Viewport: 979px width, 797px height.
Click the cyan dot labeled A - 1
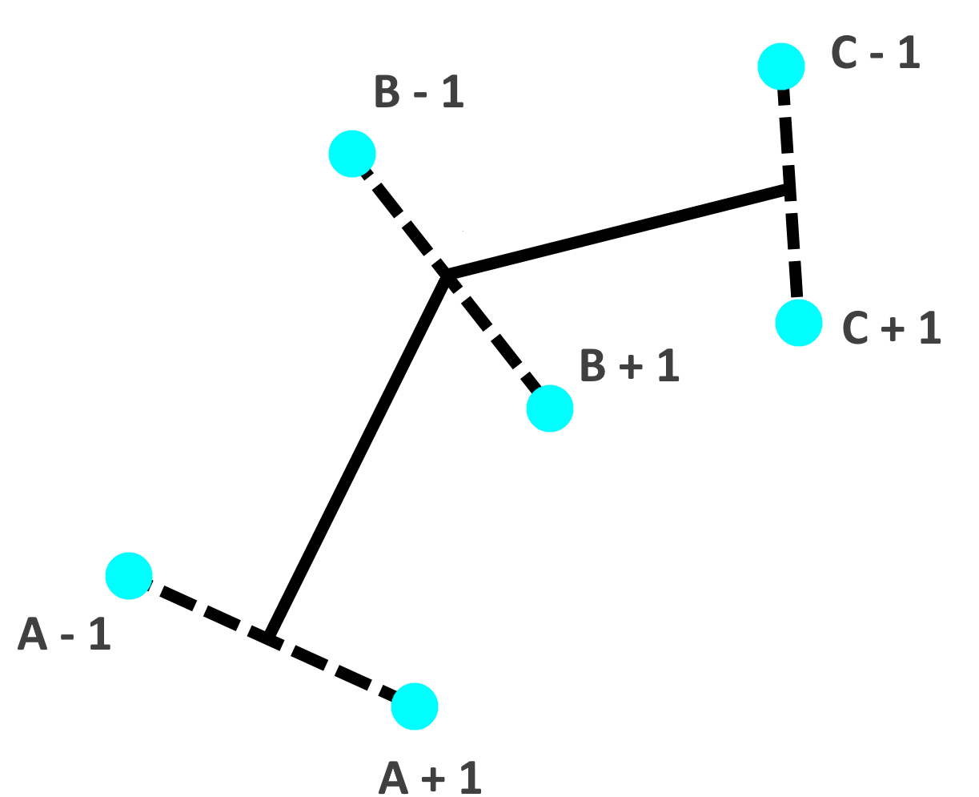coord(129,575)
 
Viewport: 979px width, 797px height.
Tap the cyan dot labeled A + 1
coord(415,706)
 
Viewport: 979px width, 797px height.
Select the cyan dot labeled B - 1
coord(352,154)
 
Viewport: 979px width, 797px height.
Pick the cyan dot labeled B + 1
coord(550,409)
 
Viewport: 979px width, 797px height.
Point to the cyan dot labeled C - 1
coord(781,66)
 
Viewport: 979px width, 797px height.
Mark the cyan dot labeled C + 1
coord(799,323)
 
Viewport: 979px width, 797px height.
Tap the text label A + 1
coord(430,777)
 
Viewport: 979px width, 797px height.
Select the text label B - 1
coord(419,91)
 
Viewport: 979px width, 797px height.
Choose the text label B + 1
coord(629,366)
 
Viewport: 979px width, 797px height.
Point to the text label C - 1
coord(876,53)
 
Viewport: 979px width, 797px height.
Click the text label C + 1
coord(891,328)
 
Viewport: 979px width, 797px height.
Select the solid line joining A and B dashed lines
coord(356,457)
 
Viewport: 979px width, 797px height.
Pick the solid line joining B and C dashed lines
coord(616,232)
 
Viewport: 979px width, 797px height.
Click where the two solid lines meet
coord(447,276)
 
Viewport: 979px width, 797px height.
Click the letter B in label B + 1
coord(592,366)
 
